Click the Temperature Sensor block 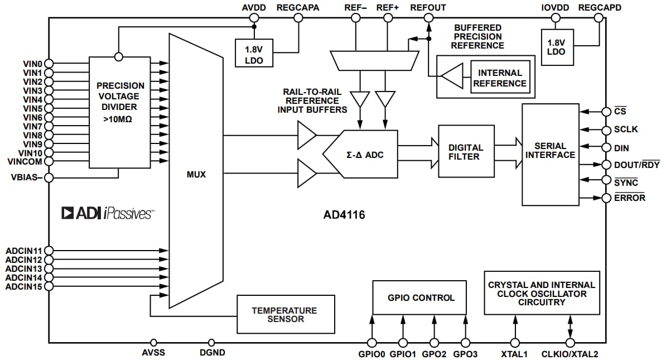tap(285, 314)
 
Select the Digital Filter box tap(466, 151)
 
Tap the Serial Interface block tap(550, 154)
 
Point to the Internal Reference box tap(500, 78)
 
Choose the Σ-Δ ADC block tap(365, 154)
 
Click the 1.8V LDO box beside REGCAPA tap(254, 52)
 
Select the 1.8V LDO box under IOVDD tap(556, 47)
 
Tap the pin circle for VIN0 tap(49, 64)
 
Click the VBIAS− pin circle tap(49, 178)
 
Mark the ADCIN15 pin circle tap(49, 286)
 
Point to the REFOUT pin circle tap(428, 18)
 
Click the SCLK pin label tap(626, 129)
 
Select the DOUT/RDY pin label tap(637, 165)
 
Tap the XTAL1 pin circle tap(515, 342)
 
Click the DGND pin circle tap(211, 342)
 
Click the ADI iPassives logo tap(108, 213)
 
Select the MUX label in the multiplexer tap(196, 175)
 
